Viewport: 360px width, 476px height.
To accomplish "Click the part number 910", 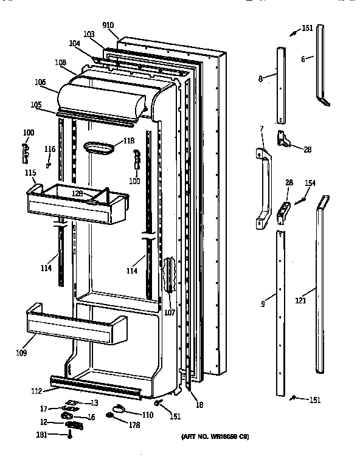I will [x=108, y=25].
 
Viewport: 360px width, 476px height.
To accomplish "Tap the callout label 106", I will [x=40, y=83].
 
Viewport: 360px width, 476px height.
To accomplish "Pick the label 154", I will [x=310, y=183].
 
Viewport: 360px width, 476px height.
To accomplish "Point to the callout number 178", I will [x=134, y=425].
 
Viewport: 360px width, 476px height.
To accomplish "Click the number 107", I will [x=169, y=313].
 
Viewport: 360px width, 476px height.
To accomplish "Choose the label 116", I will [x=49, y=149].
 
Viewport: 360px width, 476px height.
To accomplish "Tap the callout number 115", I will [x=30, y=173].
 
